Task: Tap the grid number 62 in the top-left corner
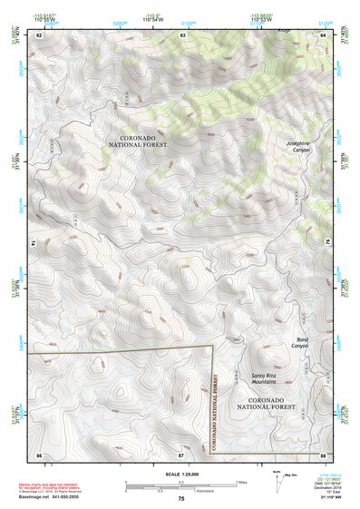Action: (x=39, y=34)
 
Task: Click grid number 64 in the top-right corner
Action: (x=323, y=34)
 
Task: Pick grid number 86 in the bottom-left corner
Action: (x=39, y=453)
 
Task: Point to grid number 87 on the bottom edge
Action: (x=181, y=453)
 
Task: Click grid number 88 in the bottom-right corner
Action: (x=323, y=453)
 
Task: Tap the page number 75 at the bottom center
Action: (x=181, y=498)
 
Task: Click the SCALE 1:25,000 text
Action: (x=180, y=474)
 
